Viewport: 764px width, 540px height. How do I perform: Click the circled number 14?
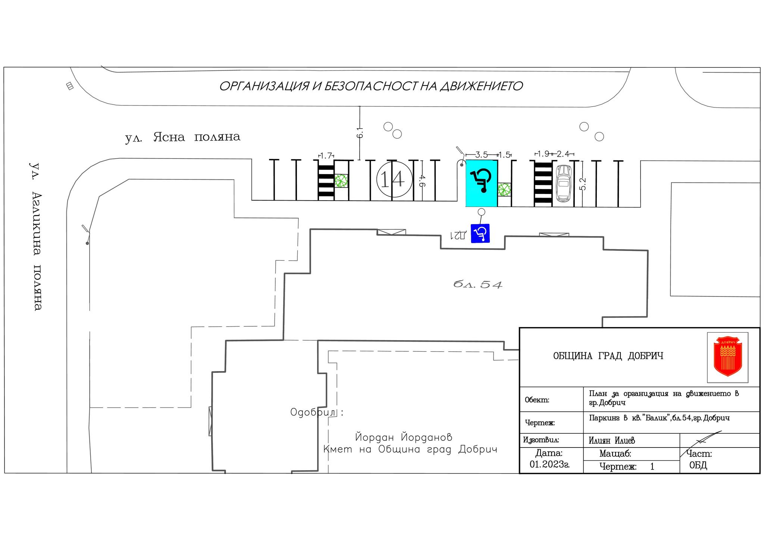pyautogui.click(x=395, y=179)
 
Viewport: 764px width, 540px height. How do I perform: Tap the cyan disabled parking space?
pyautogui.click(x=481, y=183)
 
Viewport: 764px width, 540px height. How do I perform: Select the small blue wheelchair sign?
pyautogui.click(x=480, y=233)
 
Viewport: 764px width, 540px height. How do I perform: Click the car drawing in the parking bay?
pyautogui.click(x=564, y=183)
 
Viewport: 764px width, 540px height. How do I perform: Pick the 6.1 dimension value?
pyautogui.click(x=360, y=132)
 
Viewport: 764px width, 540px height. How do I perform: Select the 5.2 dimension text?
pyautogui.click(x=583, y=184)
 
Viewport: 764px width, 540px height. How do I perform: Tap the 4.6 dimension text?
pyautogui.click(x=422, y=180)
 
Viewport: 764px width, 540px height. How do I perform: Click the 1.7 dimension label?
pyautogui.click(x=326, y=156)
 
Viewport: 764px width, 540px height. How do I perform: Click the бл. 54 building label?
pyautogui.click(x=478, y=285)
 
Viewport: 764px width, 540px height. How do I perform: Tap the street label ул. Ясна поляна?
pyautogui.click(x=183, y=137)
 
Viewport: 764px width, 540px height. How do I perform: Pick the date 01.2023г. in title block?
pyautogui.click(x=549, y=465)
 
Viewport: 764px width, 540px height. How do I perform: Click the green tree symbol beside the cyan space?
pyautogui.click(x=504, y=189)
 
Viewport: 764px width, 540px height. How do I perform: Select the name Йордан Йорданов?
pyautogui.click(x=404, y=436)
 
